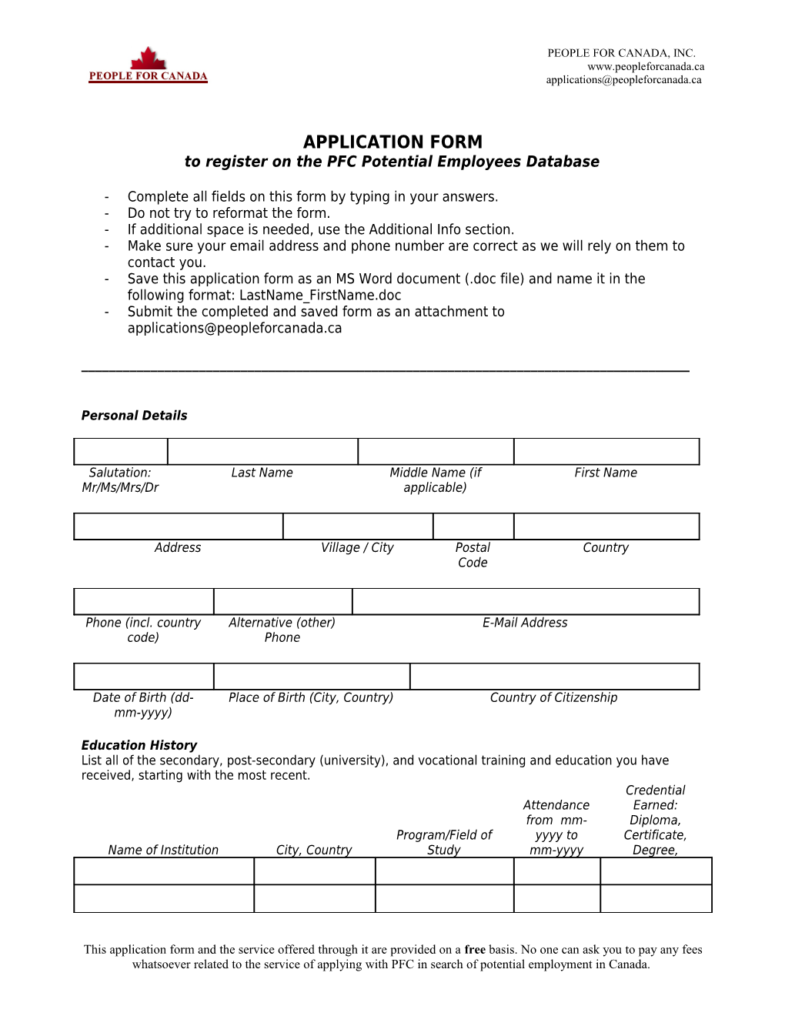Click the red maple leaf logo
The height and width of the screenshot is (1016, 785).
[149, 58]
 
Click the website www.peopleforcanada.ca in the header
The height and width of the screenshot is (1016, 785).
[646, 66]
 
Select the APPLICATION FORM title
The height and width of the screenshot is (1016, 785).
[392, 142]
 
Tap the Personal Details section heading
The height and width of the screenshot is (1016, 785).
[134, 416]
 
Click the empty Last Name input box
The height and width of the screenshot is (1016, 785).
[262, 452]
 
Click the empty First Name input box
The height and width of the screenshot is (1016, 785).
[606, 452]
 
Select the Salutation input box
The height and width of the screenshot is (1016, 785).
[121, 452]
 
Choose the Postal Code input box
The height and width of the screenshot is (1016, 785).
[473, 526]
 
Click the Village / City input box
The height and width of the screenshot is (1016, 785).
[358, 526]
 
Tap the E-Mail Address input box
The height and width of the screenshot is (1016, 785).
[526, 601]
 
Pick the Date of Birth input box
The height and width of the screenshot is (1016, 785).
[144, 677]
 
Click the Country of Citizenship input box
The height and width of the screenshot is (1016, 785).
[554, 677]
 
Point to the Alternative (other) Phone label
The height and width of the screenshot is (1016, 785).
[282, 630]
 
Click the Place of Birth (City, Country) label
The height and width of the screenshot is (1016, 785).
[311, 697]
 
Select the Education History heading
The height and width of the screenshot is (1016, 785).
[139, 745]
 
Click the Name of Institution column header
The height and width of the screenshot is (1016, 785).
[163, 850]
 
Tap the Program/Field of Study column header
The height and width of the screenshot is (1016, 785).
[444, 842]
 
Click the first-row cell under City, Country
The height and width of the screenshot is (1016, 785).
[314, 871]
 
